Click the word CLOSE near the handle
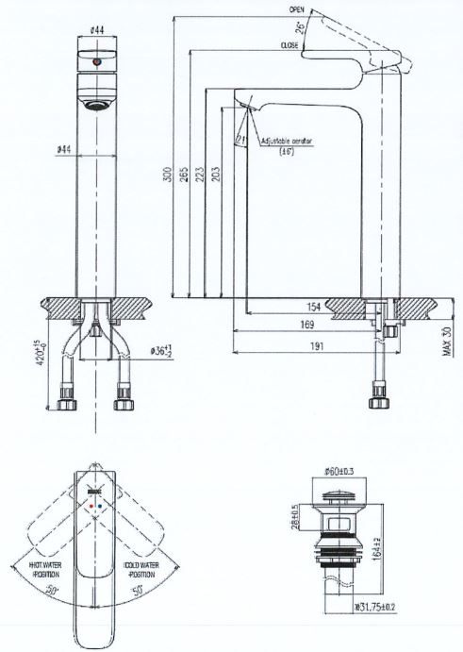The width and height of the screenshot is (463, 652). [289, 45]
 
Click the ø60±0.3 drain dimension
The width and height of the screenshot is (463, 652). [340, 469]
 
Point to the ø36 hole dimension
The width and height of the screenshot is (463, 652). [164, 352]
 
